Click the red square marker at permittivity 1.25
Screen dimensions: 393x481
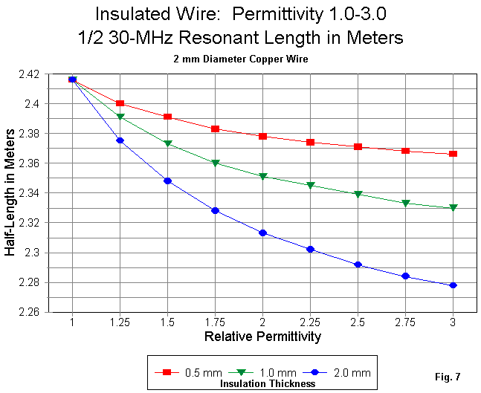pos(120,103)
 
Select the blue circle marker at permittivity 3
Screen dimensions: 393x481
pos(453,285)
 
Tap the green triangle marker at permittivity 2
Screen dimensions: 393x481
pos(262,177)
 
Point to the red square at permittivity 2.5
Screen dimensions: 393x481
pos(358,146)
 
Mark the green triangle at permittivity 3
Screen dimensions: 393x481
pos(453,208)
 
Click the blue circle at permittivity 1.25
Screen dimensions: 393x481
pos(120,140)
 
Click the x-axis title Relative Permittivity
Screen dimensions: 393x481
pos(262,337)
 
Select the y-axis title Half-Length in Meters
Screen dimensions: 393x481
pos(10,194)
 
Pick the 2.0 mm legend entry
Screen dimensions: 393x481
pos(349,372)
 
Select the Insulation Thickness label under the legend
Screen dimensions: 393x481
pos(268,384)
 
